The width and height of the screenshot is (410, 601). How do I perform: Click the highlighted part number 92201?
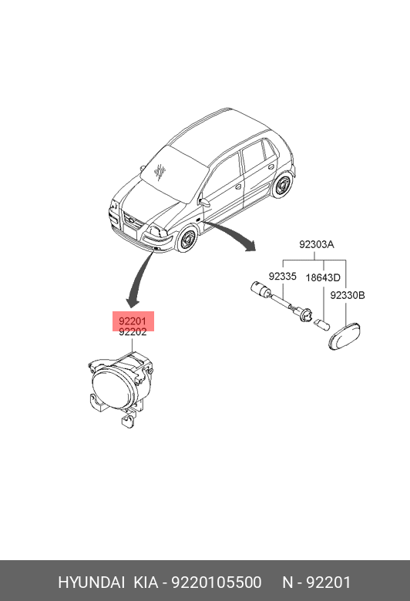click(133, 321)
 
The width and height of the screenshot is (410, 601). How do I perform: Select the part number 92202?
click(133, 332)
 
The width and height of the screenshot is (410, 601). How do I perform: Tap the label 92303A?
click(317, 244)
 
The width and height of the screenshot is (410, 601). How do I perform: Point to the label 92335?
click(282, 276)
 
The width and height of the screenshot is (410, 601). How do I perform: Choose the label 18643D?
click(323, 277)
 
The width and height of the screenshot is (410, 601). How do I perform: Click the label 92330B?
click(348, 295)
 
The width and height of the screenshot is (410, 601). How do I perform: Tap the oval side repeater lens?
click(344, 336)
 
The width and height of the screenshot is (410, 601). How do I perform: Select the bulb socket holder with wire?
click(280, 303)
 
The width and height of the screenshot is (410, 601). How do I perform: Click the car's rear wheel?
click(282, 186)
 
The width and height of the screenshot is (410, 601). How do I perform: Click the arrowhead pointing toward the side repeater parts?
click(250, 245)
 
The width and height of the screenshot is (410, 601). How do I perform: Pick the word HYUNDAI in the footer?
click(91, 583)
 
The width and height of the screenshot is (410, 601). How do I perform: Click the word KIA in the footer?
click(146, 583)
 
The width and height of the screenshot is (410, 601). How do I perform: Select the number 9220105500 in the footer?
click(217, 583)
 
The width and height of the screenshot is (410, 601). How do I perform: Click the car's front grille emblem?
click(131, 221)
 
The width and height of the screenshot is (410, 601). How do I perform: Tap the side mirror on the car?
click(205, 202)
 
